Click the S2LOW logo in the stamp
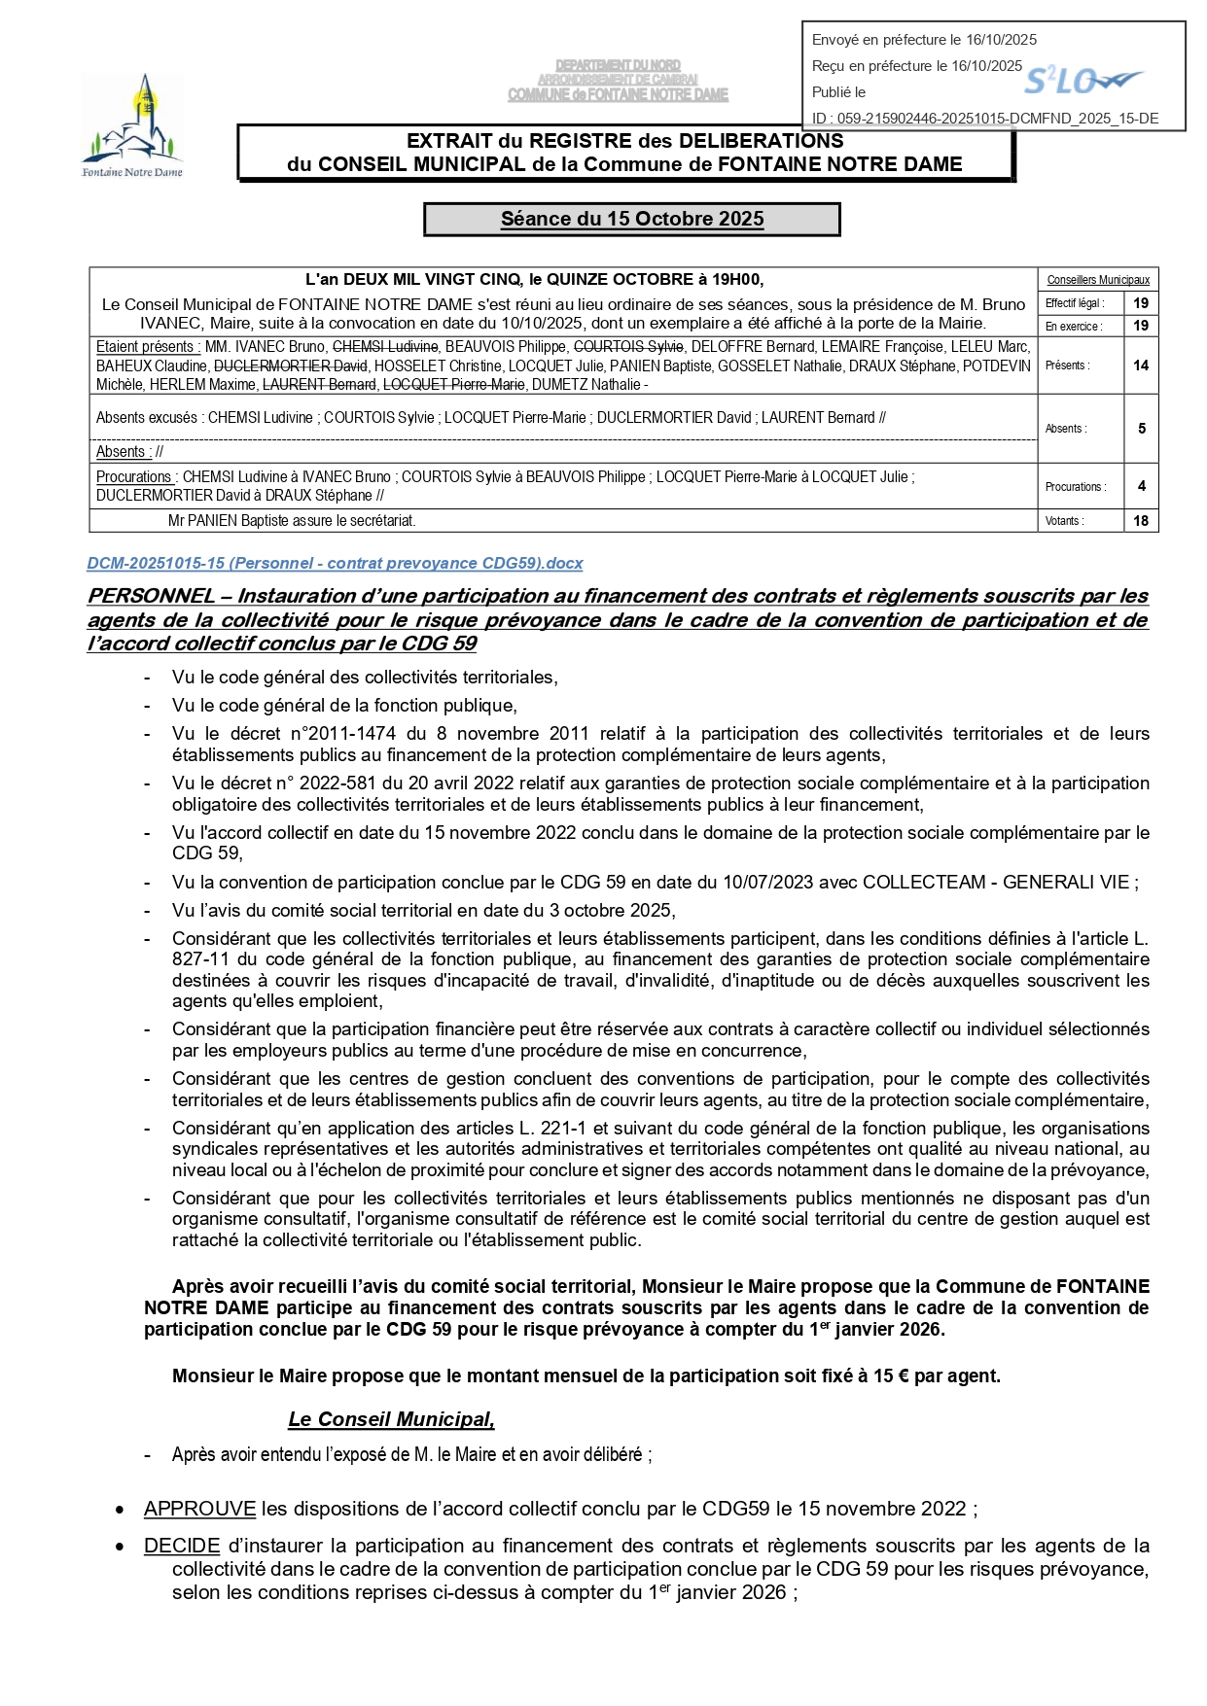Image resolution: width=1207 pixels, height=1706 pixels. (1083, 82)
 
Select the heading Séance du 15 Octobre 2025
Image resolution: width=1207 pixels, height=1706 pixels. (632, 220)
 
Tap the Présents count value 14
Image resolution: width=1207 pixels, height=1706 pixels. (1141, 366)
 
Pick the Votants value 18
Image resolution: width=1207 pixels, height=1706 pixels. (1141, 521)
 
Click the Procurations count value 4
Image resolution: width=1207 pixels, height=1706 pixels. (1141, 486)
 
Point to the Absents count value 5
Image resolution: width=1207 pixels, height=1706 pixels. (1141, 429)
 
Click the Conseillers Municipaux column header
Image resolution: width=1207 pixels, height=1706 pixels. (1098, 280)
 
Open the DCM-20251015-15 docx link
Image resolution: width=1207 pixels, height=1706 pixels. (335, 564)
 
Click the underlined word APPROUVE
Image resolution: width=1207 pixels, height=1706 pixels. (199, 1510)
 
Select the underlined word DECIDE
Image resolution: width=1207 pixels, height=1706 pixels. (182, 1547)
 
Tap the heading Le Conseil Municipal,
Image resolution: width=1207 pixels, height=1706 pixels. (391, 1420)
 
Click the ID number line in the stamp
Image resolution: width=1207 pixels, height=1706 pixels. (985, 119)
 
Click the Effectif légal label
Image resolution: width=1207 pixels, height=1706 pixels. (1075, 303)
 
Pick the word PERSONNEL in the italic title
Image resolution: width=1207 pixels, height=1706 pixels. (152, 596)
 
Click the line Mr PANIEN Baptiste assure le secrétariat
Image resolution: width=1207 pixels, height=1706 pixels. (292, 521)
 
